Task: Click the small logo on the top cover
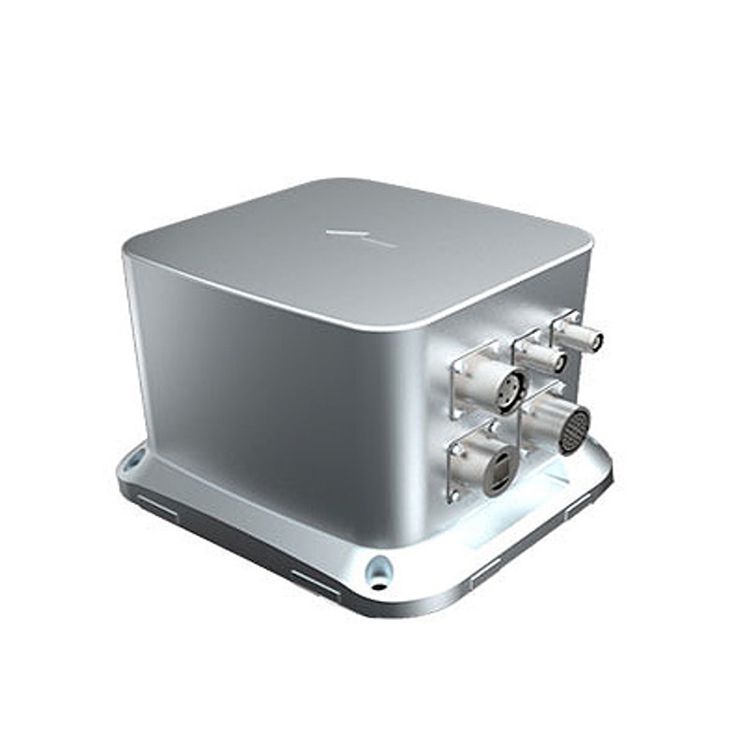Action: (360, 237)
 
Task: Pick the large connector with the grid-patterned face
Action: (572, 430)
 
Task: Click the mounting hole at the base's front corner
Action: (380, 569)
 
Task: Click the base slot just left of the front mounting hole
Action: (315, 583)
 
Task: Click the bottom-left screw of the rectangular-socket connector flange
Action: (455, 495)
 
